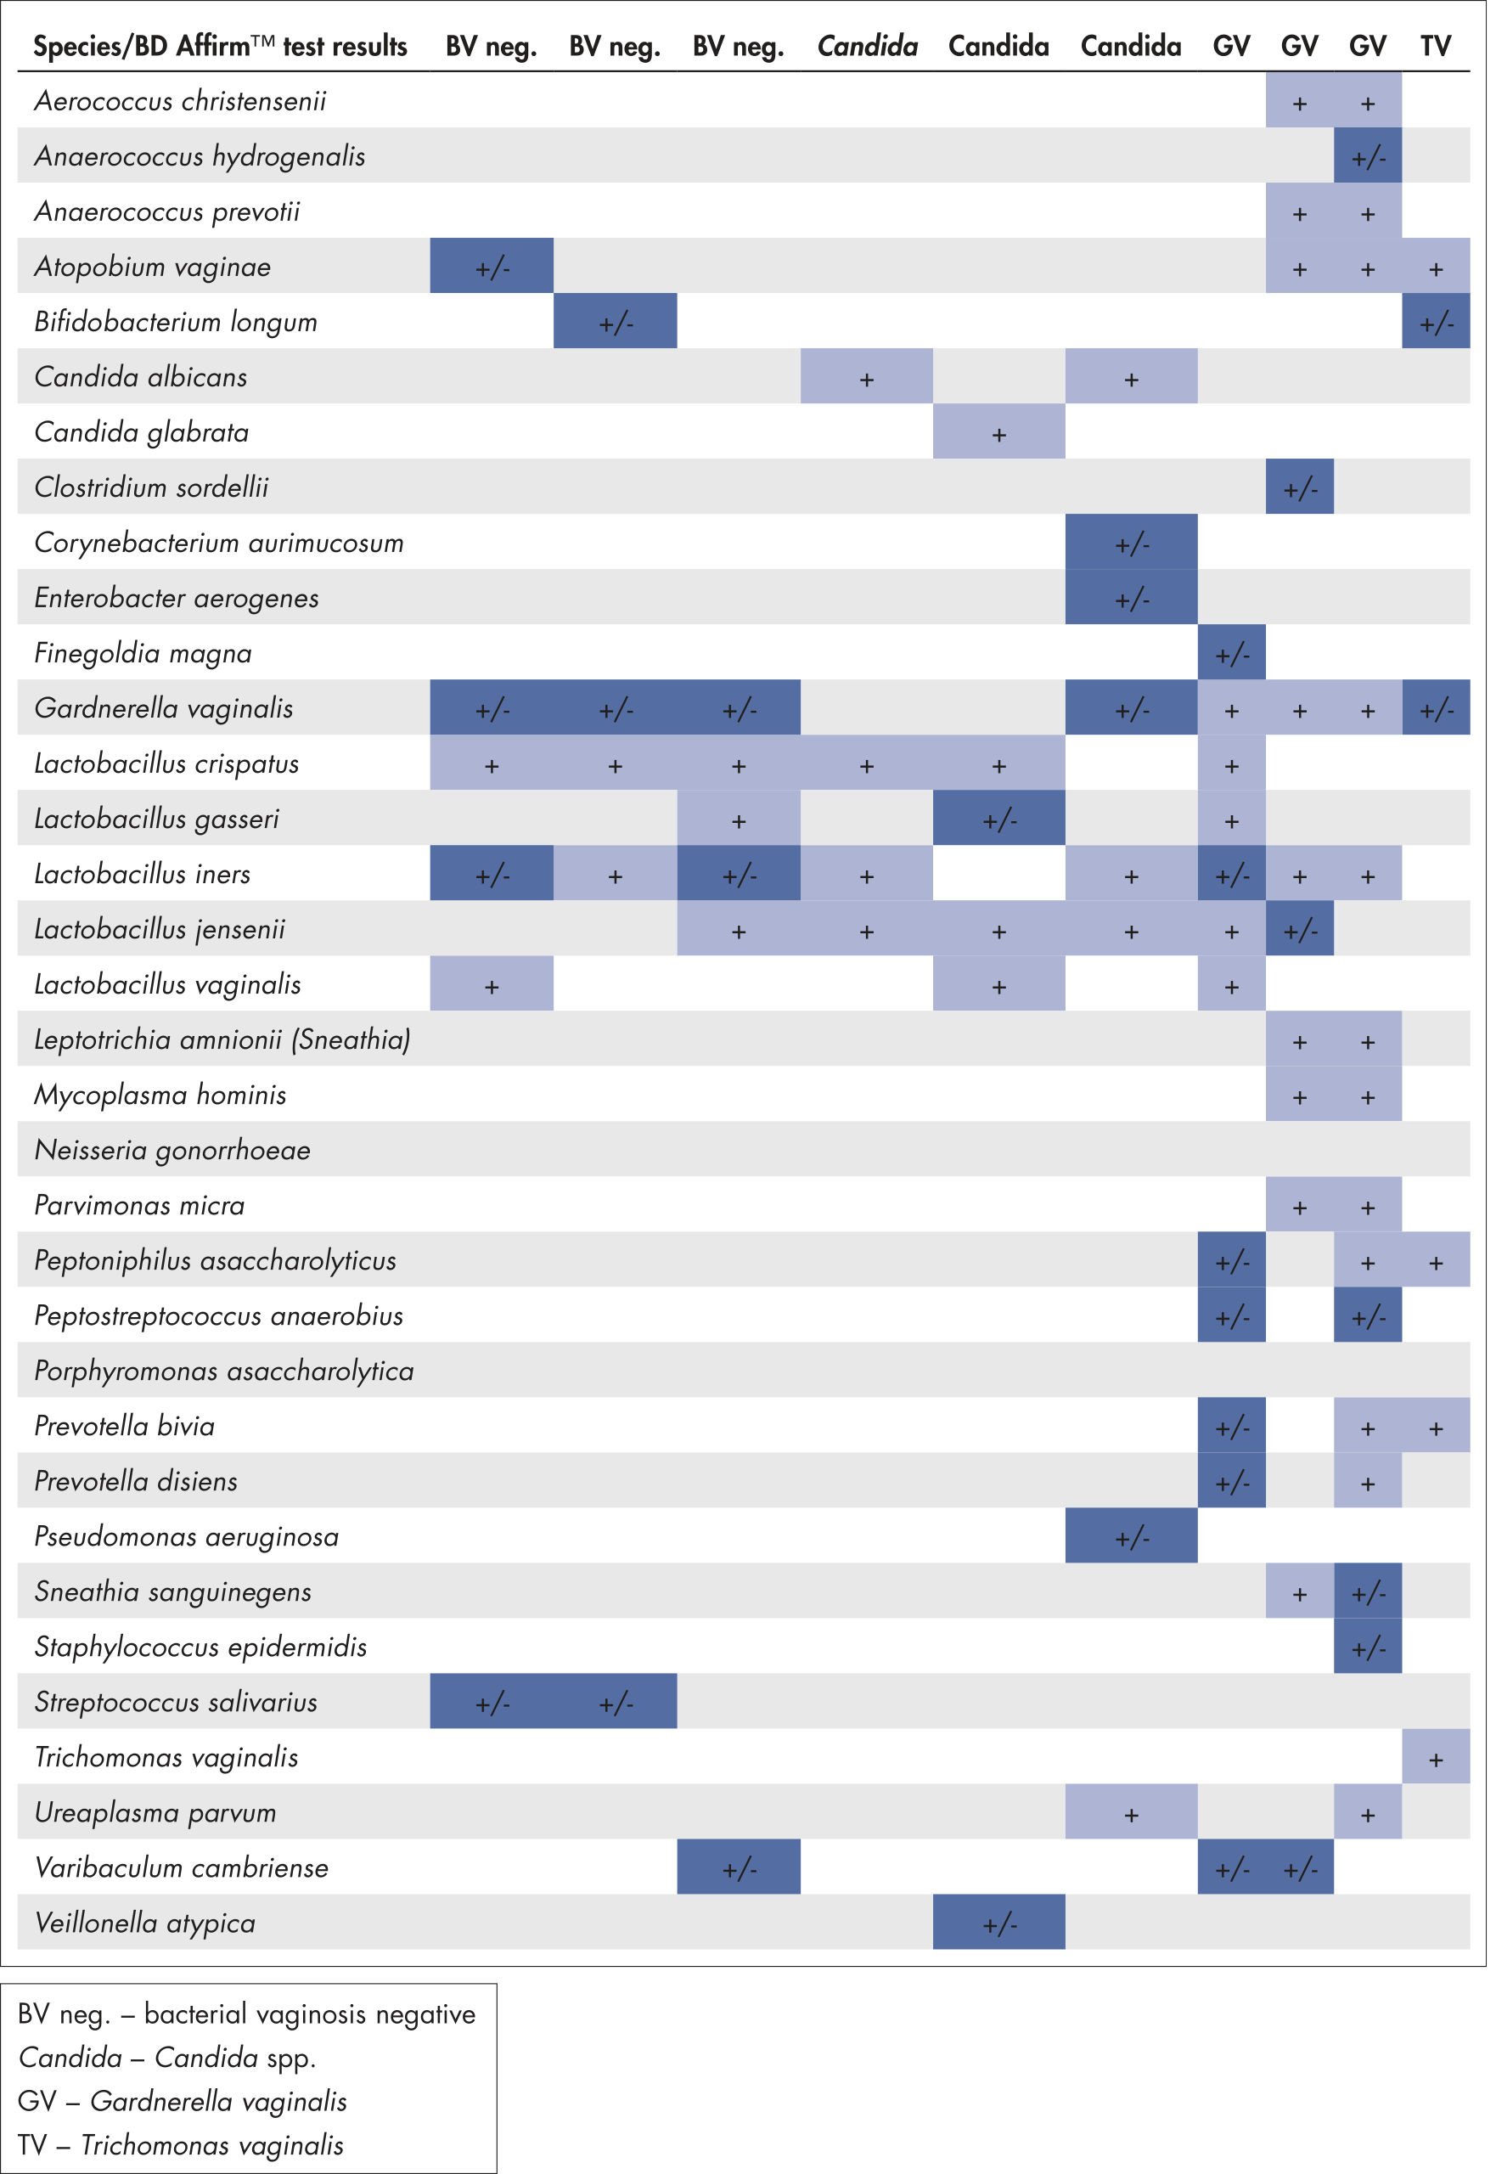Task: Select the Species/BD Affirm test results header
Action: (222, 46)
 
